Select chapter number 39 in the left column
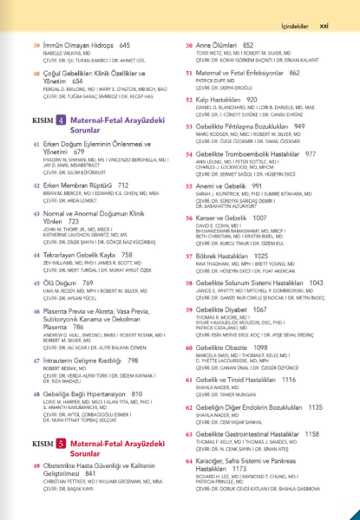coord(36,43)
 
